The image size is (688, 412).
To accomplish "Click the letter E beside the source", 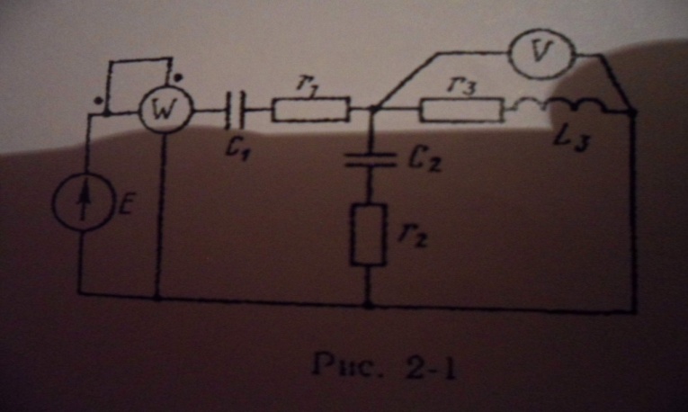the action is click(x=125, y=205).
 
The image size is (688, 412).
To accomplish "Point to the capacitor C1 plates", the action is click(x=236, y=110).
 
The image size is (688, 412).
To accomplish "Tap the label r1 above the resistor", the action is click(x=308, y=84).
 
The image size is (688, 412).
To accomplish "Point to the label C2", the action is click(x=424, y=161).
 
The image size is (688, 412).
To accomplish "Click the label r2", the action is click(x=412, y=237).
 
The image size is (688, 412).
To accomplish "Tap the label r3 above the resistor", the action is click(x=460, y=85).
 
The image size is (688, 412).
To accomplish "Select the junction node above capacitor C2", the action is click(x=372, y=108).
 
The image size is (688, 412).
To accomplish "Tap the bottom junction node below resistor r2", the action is click(x=369, y=304).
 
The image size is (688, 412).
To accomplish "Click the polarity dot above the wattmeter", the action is click(x=178, y=78).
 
